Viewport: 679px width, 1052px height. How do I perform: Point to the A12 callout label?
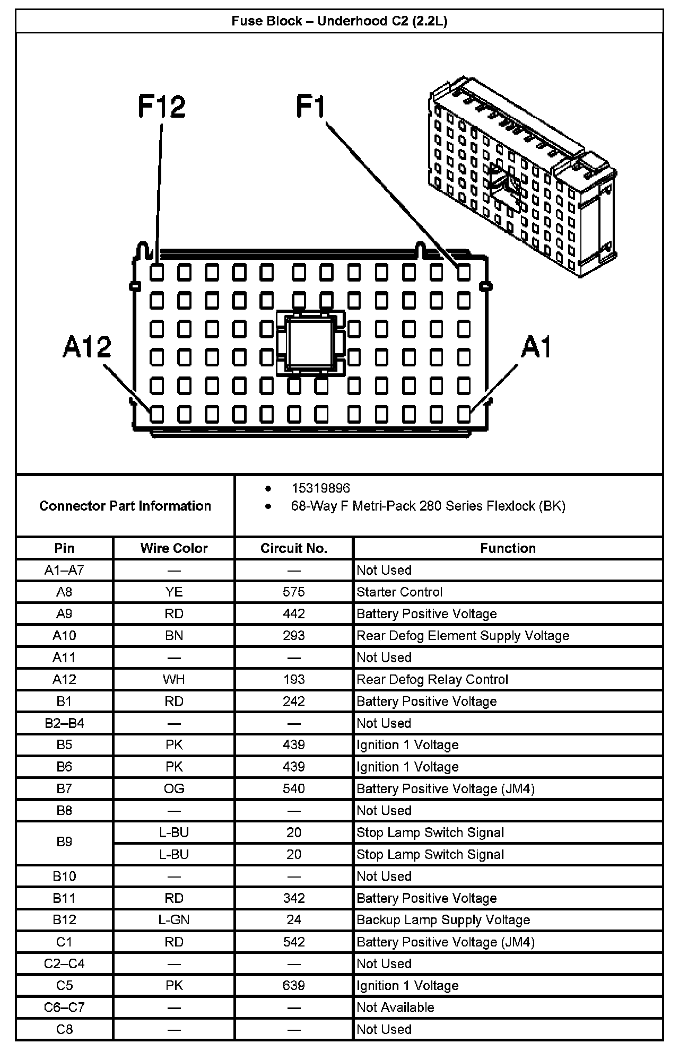87,347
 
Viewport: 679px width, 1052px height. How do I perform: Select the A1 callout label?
536,348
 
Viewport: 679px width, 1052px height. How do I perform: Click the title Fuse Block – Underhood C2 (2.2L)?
339,21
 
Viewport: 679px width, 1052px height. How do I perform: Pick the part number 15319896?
320,488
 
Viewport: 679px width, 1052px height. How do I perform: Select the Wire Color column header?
174,548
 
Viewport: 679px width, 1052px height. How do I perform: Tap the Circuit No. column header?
294,548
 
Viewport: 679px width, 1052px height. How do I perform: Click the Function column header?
508,548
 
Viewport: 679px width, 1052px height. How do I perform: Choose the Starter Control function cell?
399,592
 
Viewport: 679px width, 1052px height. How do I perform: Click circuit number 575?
294,592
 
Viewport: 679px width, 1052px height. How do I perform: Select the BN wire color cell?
174,635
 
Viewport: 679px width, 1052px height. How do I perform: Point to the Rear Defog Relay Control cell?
432,679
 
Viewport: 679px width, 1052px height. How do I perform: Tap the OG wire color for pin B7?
174,788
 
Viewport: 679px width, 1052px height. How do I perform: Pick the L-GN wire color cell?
174,920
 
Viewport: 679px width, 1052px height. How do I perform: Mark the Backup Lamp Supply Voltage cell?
443,920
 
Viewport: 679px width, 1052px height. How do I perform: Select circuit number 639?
294,986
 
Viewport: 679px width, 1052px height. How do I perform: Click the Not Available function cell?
395,1007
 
